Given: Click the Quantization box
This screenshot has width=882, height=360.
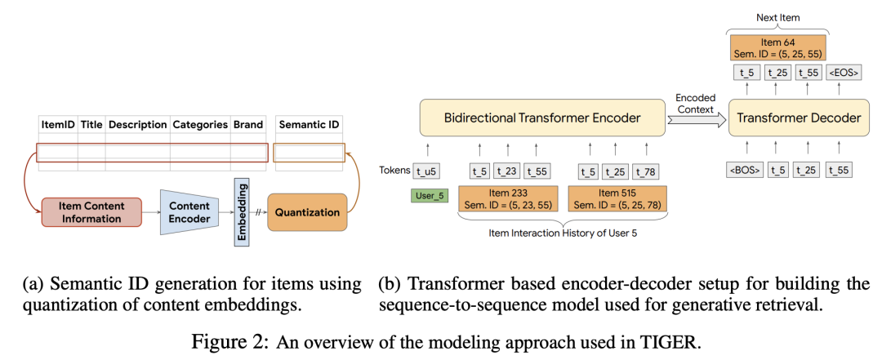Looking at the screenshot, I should [x=307, y=212].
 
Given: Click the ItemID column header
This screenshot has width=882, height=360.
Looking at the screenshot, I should [x=58, y=125].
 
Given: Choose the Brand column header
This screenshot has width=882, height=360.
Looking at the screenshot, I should [x=248, y=125].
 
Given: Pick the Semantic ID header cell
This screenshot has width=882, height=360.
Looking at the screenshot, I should [x=309, y=125].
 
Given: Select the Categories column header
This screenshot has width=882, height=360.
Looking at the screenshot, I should [x=199, y=125].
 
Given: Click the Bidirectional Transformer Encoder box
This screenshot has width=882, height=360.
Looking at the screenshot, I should [x=541, y=118].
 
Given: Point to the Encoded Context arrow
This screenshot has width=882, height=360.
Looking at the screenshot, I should [x=696, y=118].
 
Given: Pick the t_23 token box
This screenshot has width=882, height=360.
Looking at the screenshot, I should [x=508, y=171].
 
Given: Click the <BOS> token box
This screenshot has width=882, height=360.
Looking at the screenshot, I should [x=745, y=171].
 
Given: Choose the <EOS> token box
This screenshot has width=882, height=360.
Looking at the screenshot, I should [x=843, y=72].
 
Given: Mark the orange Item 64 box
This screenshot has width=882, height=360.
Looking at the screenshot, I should [x=778, y=46].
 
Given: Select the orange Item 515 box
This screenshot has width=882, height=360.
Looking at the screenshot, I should [x=617, y=198].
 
